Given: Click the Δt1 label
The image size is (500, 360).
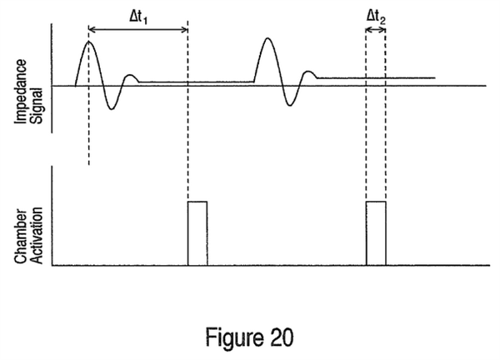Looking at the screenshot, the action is pyautogui.click(x=138, y=17).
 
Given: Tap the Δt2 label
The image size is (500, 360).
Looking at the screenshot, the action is pyautogui.click(x=376, y=17).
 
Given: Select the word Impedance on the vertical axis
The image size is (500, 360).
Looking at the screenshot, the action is pyautogui.click(x=21, y=92).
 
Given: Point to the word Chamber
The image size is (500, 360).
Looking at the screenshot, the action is pyautogui.click(x=21, y=237).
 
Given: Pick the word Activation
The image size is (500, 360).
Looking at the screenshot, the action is pyautogui.click(x=37, y=235).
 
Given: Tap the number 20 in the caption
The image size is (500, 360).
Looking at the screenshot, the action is pyautogui.click(x=282, y=337).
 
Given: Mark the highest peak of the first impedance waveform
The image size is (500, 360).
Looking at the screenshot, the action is pyautogui.click(x=89, y=42).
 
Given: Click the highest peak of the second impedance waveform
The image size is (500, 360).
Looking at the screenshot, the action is pyautogui.click(x=267, y=38).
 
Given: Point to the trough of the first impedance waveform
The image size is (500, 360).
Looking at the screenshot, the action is pyautogui.click(x=111, y=109).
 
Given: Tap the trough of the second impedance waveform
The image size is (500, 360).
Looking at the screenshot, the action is pyautogui.click(x=289, y=105).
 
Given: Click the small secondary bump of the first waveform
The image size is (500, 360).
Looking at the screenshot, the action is pyautogui.click(x=130, y=75).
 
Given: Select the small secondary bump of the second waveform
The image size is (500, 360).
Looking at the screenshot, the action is pyautogui.click(x=308, y=72).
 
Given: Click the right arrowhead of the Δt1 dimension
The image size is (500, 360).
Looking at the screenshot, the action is pyautogui.click(x=185, y=30).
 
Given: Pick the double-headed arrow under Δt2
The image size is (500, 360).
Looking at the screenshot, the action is pyautogui.click(x=376, y=30).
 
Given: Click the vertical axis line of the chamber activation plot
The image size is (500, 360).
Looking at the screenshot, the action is pyautogui.click(x=52, y=216).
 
